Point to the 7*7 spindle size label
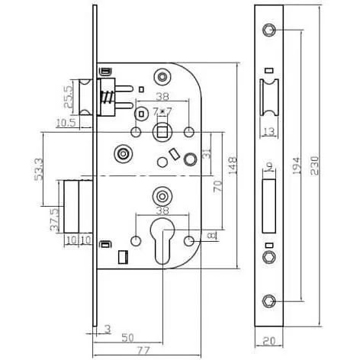tap(162, 111)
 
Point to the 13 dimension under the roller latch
tap(268, 132)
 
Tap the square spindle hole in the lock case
tap(163, 133)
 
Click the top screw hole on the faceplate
tap(268, 30)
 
